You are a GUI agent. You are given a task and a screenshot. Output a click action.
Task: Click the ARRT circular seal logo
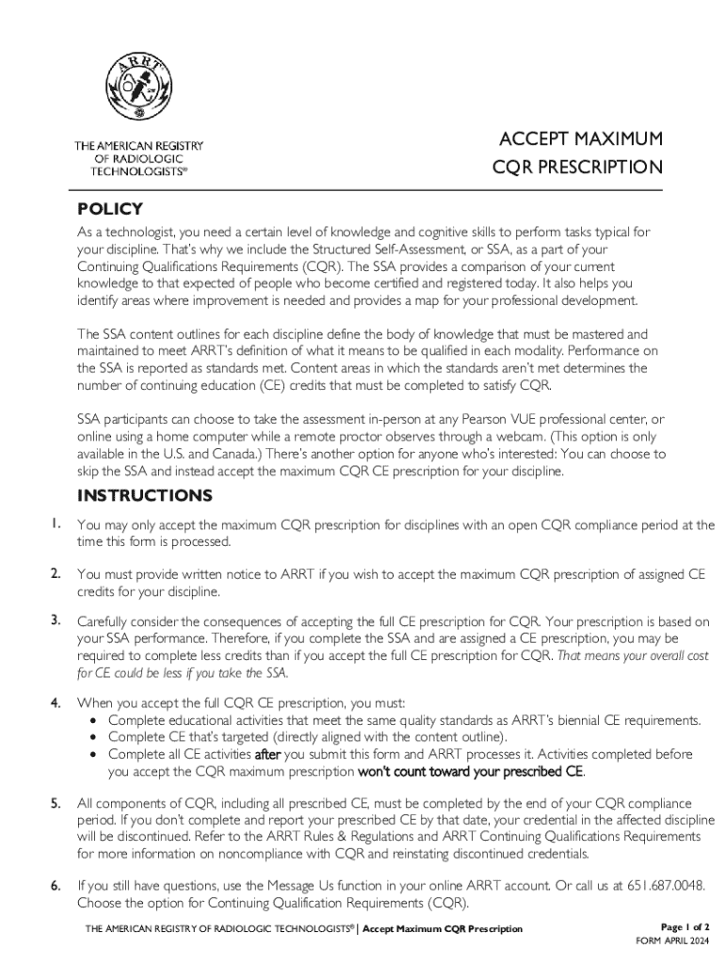pyautogui.click(x=138, y=82)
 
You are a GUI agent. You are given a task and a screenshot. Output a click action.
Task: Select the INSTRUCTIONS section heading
pyautogui.click(x=145, y=495)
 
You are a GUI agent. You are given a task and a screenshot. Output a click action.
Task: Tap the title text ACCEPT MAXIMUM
pyautogui.click(x=580, y=139)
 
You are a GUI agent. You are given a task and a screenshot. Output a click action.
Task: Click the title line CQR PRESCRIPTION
pyautogui.click(x=577, y=169)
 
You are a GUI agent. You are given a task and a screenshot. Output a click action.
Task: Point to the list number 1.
pyautogui.click(x=56, y=524)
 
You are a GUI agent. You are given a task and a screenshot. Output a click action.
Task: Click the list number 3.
pyautogui.click(x=56, y=620)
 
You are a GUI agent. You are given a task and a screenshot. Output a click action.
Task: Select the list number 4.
pyautogui.click(x=56, y=702)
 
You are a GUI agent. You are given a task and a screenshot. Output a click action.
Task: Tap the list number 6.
pyautogui.click(x=56, y=886)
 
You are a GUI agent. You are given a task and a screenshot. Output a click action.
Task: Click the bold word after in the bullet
pyautogui.click(x=268, y=755)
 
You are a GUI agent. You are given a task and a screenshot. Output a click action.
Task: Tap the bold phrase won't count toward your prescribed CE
pyautogui.click(x=472, y=772)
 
